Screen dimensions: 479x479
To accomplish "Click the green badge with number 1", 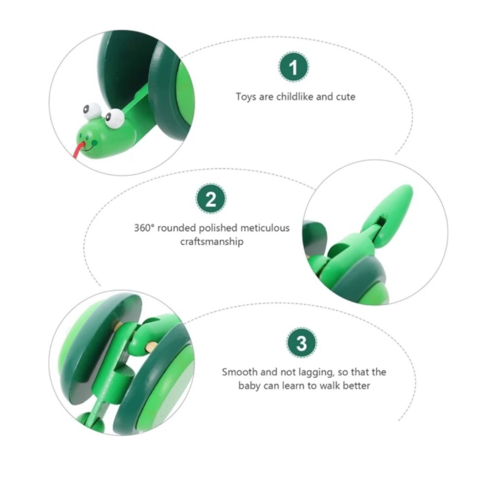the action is pos(294,67).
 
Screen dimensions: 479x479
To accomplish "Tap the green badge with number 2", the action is pos(211,199).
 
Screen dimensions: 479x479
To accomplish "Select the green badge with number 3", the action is pos(301,343).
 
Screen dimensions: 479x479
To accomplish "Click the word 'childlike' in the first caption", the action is pos(295,97).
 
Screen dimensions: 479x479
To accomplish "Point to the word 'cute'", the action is pos(346,97).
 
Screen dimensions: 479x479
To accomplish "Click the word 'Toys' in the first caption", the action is pos(246,97).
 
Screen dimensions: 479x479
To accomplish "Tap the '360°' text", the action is pos(144,228).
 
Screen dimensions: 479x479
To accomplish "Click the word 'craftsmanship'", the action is pos(212,241).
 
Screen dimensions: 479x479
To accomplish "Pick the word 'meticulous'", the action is pos(265,228).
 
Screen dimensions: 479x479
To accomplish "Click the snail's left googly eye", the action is pos(91,112).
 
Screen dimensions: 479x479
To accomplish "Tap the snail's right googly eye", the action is pos(114,118).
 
